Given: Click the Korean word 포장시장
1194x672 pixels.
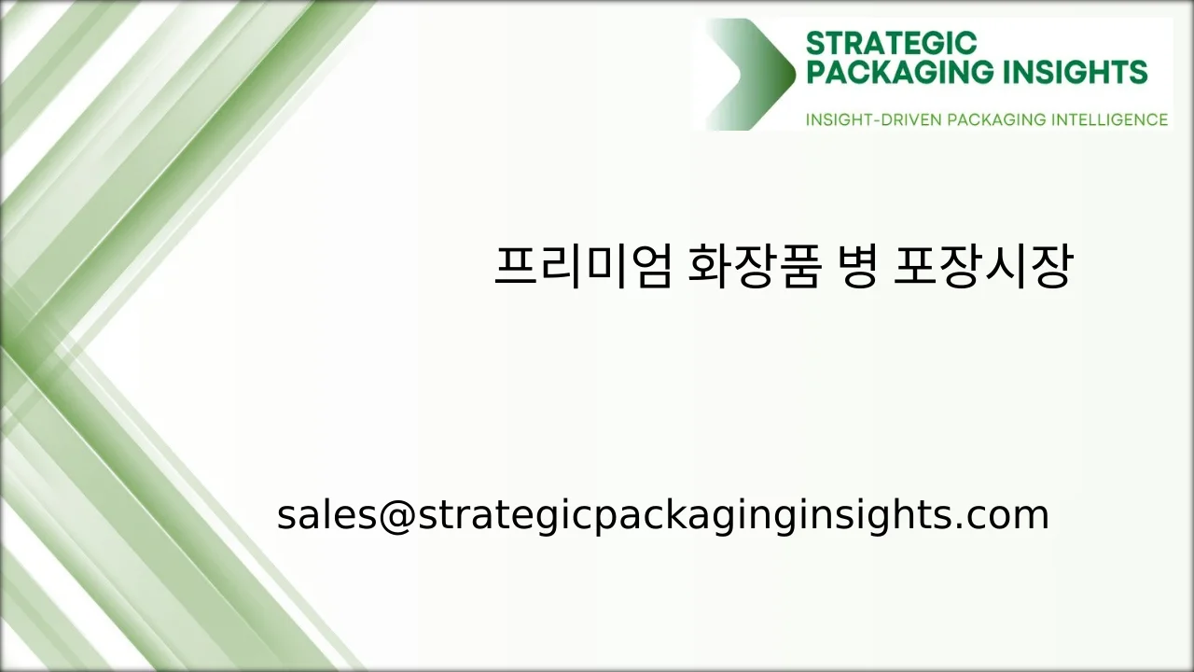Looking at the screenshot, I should click(x=981, y=267).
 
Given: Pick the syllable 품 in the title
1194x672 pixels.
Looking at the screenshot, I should click(x=800, y=267).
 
